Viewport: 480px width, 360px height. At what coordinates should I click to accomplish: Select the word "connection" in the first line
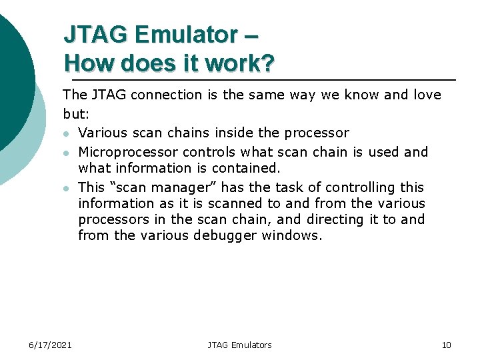(x=165, y=95)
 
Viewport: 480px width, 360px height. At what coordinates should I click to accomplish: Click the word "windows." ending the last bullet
(x=292, y=235)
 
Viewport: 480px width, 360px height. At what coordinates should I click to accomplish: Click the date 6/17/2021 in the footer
(x=50, y=345)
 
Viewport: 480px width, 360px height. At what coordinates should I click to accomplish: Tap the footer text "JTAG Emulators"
(x=239, y=345)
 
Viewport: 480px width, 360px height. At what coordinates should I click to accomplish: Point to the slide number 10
(x=446, y=345)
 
